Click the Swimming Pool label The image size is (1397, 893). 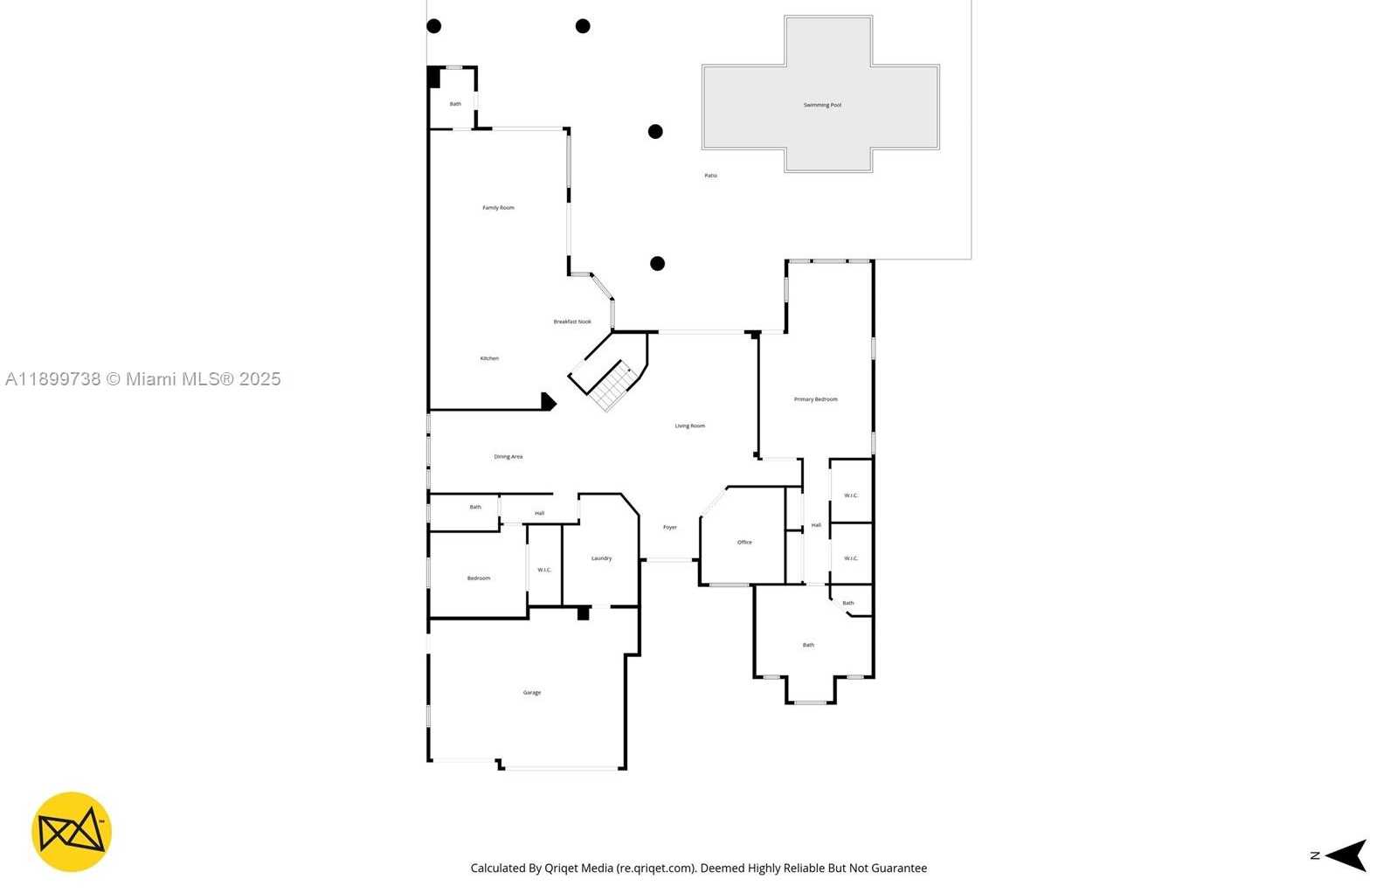point(822,105)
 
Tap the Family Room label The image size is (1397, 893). point(498,208)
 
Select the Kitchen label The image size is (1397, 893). point(489,358)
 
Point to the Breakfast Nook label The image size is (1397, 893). point(572,322)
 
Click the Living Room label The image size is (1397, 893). point(689,426)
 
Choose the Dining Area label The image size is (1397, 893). point(508,457)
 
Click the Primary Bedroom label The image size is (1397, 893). point(815,399)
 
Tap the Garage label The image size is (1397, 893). point(532,693)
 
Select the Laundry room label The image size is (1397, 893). point(601,558)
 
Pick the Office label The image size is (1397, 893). point(744,543)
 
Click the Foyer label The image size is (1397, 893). point(670,528)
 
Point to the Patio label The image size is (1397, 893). point(710,176)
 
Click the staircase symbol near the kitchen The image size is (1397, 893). point(610,384)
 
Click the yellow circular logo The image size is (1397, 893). point(72,832)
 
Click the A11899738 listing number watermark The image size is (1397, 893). point(52,379)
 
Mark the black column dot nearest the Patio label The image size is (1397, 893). point(655,132)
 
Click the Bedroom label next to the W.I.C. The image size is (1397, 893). point(478,578)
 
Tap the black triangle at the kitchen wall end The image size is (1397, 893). point(548,402)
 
